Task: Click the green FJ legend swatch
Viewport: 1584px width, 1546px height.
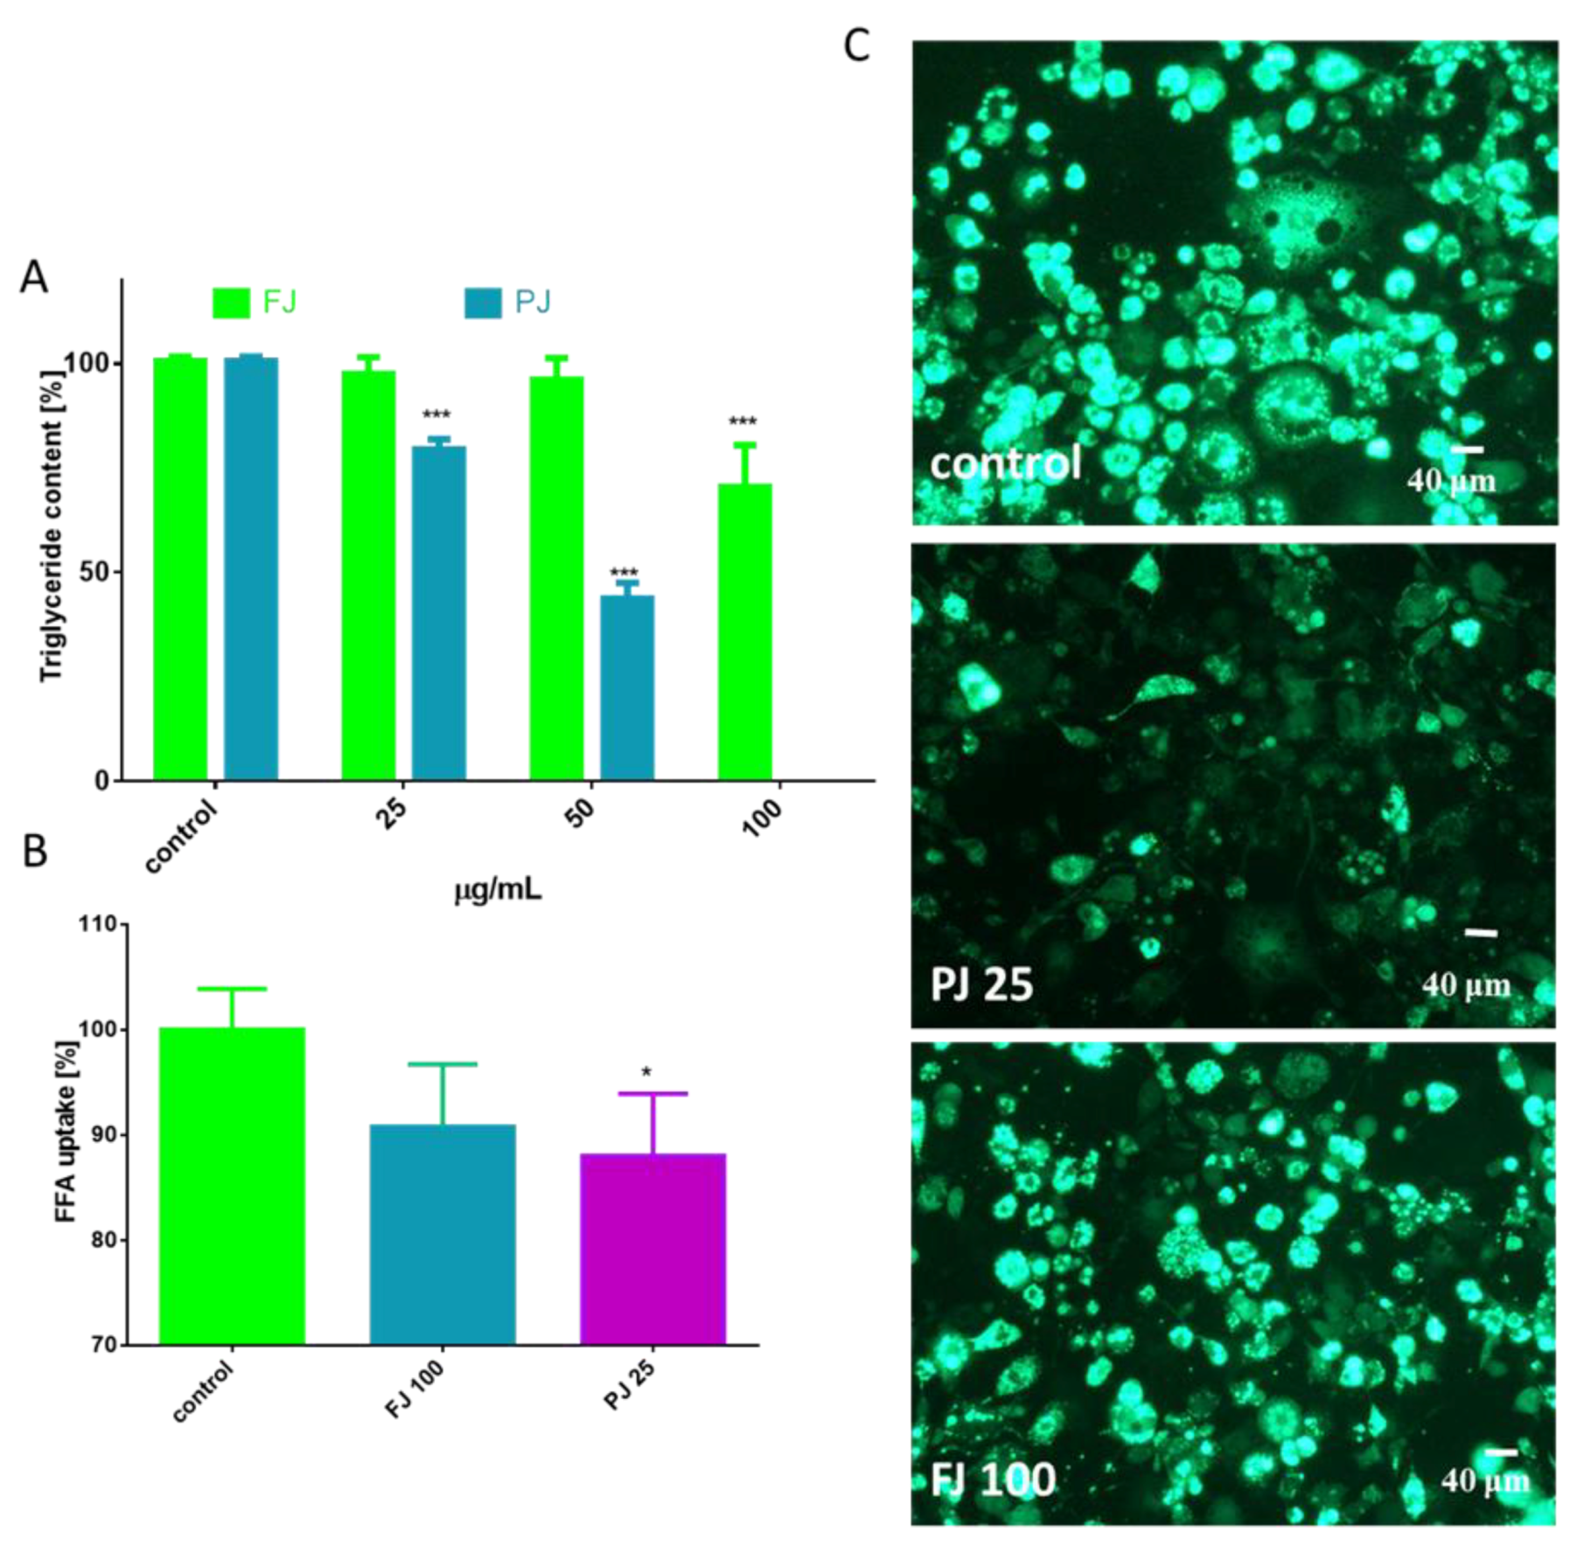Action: tap(231, 303)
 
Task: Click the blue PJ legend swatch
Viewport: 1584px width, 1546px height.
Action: tap(482, 303)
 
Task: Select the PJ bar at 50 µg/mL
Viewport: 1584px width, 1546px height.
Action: tap(626, 687)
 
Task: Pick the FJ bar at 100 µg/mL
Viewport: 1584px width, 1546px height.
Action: tap(744, 631)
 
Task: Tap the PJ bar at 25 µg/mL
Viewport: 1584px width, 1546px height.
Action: tap(438, 613)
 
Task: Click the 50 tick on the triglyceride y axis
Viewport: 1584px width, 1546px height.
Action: tap(100, 572)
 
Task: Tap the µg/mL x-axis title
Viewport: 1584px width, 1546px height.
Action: tap(498, 890)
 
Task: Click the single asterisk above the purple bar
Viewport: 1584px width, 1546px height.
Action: tap(646, 1073)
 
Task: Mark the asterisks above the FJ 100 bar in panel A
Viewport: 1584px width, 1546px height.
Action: tap(743, 423)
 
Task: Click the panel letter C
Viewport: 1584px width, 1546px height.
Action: tap(857, 45)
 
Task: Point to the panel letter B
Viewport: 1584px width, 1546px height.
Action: tap(35, 851)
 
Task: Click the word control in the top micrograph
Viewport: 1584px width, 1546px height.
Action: tap(1005, 463)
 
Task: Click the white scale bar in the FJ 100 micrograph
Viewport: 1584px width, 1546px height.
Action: tap(1501, 1452)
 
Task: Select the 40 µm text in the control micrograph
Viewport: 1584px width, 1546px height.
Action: tap(1451, 480)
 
